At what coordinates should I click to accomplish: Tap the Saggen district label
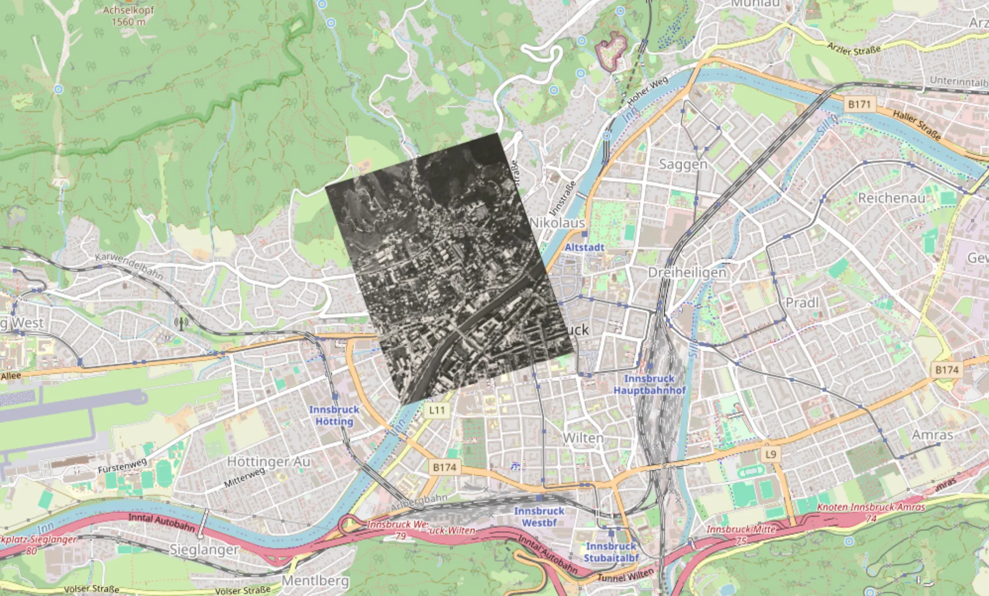click(683, 164)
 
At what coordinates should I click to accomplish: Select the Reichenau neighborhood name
click(891, 198)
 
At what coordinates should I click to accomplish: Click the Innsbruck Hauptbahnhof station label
click(649, 384)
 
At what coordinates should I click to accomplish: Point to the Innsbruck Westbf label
click(539, 517)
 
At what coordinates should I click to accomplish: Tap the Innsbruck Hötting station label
click(334, 415)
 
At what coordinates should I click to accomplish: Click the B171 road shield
click(859, 104)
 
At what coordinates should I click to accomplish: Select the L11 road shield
click(437, 410)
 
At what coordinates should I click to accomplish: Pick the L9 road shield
click(770, 454)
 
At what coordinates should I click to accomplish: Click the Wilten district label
click(583, 438)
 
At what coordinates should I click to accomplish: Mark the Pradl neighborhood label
click(802, 302)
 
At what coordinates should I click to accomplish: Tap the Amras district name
click(933, 435)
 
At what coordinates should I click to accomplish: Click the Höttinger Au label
click(269, 462)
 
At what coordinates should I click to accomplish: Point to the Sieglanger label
click(204, 549)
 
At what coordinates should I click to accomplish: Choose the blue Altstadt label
click(585, 247)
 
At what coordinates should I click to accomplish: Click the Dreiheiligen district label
click(687, 272)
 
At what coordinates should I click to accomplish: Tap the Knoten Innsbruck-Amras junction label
click(871, 507)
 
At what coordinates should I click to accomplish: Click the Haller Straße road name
click(917, 125)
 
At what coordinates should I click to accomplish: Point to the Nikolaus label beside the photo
click(557, 223)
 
